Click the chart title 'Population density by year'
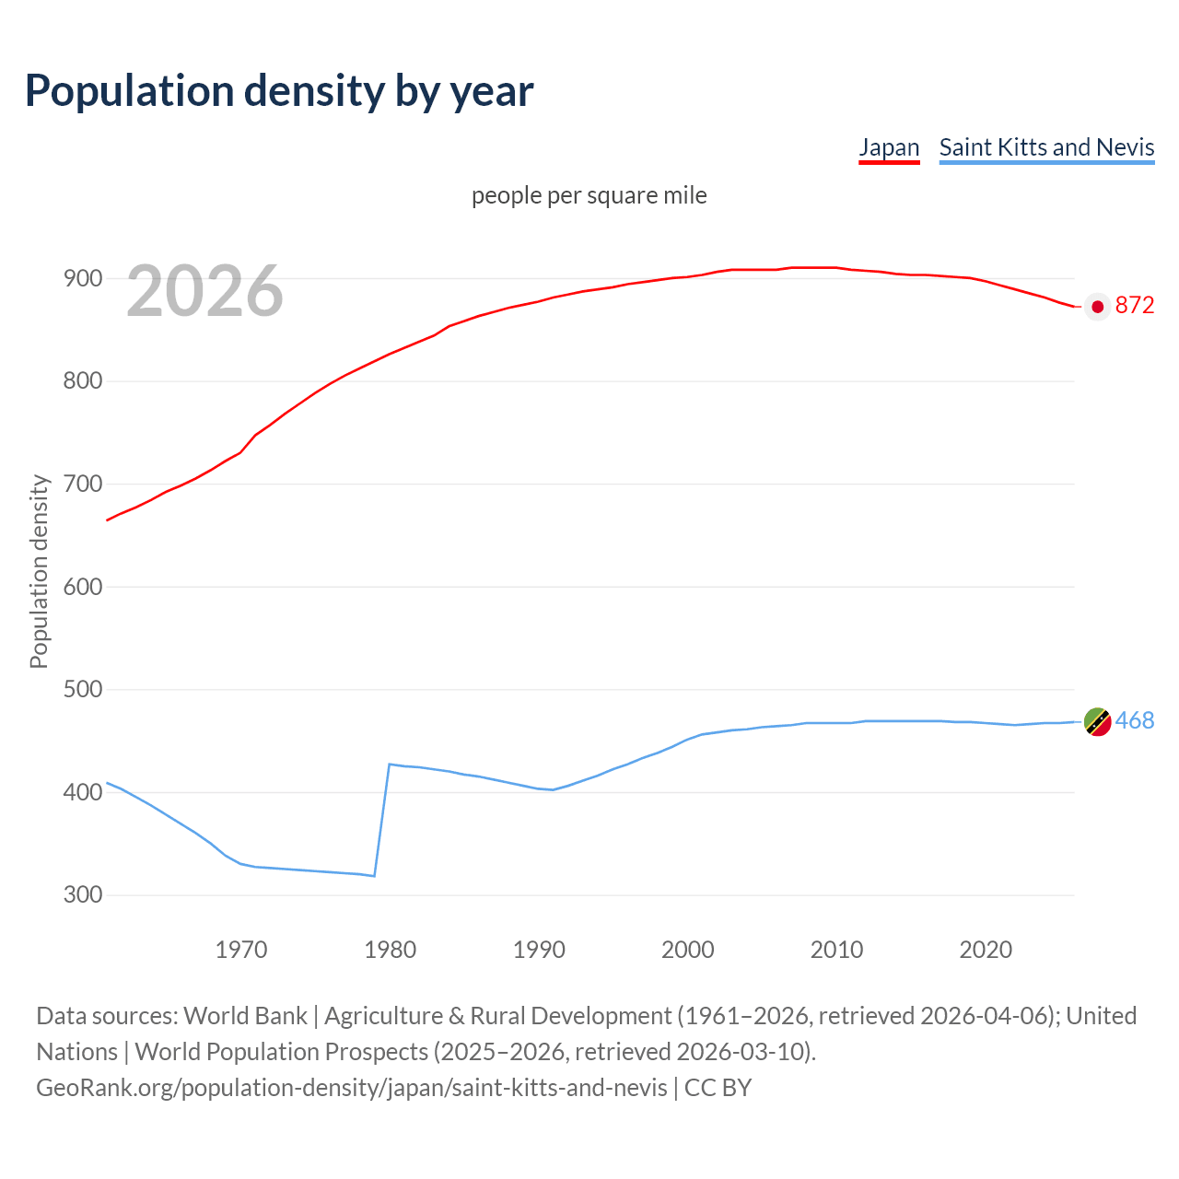(279, 91)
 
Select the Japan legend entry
(889, 147)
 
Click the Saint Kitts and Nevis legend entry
(1046, 147)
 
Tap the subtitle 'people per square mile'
(589, 195)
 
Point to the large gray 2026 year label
(204, 291)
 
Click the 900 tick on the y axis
(82, 278)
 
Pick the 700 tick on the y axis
(82, 484)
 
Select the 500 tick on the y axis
(82, 689)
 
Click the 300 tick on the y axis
(82, 894)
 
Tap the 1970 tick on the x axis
(241, 950)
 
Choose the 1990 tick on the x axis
(539, 950)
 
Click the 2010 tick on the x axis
(836, 950)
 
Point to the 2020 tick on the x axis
(986, 950)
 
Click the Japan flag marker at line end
(1097, 307)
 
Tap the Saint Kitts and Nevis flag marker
(1097, 722)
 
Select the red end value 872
(1135, 306)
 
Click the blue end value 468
(1135, 721)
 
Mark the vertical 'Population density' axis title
(39, 571)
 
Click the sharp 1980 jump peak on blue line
(390, 765)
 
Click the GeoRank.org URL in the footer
(352, 1088)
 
